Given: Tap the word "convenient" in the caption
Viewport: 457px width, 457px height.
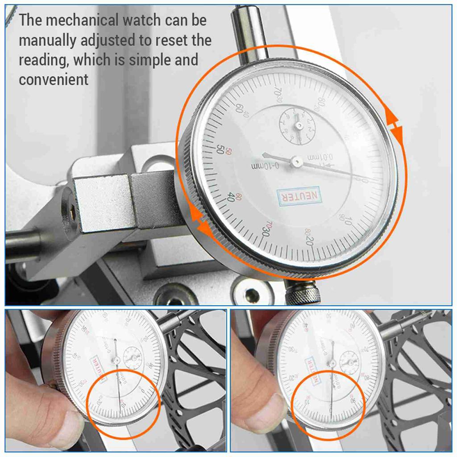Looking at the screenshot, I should click(54, 79).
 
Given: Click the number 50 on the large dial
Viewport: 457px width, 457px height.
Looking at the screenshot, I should click(220, 149).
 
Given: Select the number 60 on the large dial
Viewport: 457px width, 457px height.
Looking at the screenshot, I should click(239, 108).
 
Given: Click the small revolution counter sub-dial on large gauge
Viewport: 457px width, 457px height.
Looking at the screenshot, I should click(297, 126).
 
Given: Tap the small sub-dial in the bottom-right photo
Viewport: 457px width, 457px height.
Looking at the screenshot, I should click(349, 362).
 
